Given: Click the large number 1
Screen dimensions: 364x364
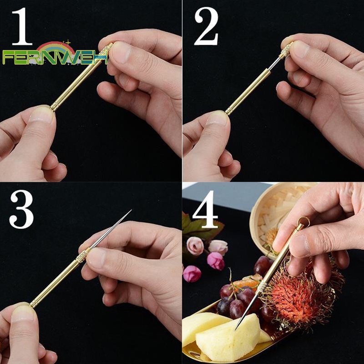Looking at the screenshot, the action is [22, 26].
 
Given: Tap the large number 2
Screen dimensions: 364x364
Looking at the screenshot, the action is [207, 26].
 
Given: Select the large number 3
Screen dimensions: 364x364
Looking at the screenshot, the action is [21, 209].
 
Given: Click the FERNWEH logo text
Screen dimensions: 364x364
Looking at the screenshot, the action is [55, 57].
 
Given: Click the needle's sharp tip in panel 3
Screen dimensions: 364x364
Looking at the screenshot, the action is [131, 210].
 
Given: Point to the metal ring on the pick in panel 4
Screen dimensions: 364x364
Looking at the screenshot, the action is [304, 222].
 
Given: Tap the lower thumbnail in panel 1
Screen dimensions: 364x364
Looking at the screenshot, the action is [41, 115].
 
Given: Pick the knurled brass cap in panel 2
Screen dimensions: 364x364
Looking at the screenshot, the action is [286, 50].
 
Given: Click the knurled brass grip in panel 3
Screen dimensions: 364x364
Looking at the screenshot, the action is [83, 255].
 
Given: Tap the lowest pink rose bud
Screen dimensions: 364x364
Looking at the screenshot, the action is [192, 274].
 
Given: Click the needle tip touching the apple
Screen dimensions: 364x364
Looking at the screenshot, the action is [236, 329].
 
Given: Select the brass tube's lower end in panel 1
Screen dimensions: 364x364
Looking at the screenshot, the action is [54, 107].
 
